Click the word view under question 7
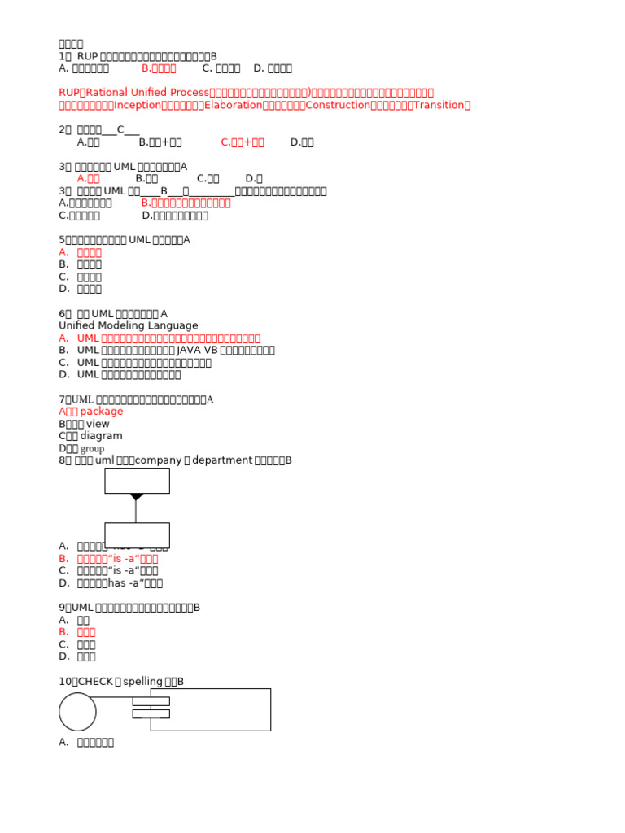98,424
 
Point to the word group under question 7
92,448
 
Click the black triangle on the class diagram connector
136,496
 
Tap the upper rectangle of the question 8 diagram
137,480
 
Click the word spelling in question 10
142,681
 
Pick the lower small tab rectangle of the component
151,713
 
